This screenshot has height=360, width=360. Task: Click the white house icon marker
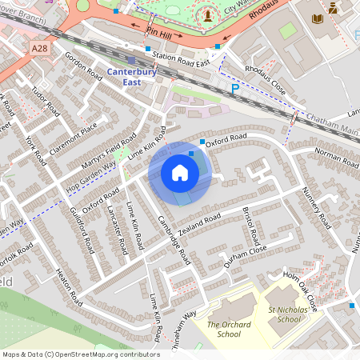[180, 173]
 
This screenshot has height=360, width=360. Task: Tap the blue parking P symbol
[234, 90]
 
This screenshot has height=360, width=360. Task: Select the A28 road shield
[41, 50]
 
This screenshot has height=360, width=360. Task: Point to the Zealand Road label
[200, 224]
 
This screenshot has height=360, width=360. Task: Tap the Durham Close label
[244, 255]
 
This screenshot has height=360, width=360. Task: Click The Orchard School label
[228, 330]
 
